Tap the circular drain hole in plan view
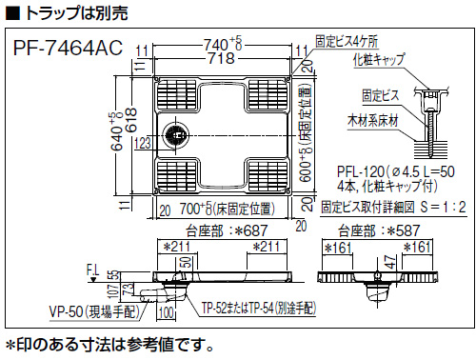pos(175,133)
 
